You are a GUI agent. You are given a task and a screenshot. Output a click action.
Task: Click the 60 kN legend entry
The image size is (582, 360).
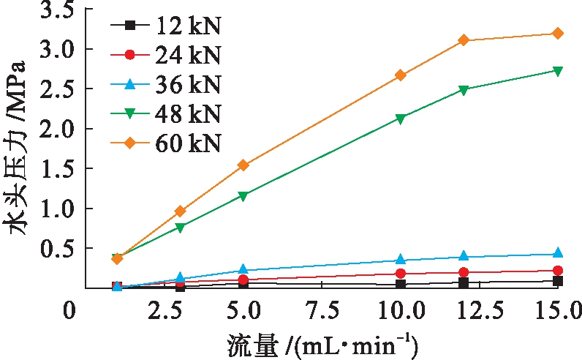[164, 142]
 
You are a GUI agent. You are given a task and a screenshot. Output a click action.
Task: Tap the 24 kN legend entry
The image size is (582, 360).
[164, 55]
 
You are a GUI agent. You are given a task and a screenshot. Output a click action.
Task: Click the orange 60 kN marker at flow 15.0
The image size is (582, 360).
[557, 33]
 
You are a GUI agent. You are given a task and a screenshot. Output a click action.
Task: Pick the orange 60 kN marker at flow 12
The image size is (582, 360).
[464, 40]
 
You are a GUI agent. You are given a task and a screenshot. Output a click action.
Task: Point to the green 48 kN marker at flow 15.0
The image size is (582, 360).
[557, 71]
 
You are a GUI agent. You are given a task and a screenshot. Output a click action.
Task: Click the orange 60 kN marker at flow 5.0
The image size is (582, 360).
[243, 165]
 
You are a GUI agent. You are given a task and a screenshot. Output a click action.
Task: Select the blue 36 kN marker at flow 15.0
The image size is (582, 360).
[557, 253]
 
